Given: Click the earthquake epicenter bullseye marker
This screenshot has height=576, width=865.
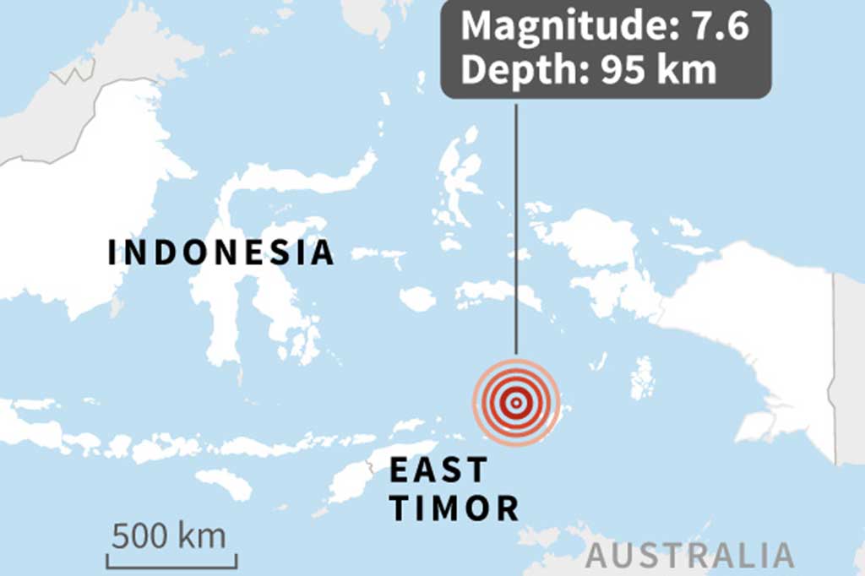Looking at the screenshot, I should (x=515, y=402).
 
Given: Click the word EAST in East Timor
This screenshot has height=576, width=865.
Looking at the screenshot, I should (x=438, y=470).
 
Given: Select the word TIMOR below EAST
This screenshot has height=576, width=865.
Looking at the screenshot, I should (x=454, y=508).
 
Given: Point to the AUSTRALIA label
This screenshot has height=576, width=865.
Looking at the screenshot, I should (x=690, y=557).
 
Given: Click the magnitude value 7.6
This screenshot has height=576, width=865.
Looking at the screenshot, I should (x=721, y=27).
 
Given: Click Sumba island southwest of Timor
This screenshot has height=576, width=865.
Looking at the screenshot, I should (x=224, y=484).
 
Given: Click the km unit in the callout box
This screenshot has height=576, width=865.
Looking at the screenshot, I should (x=691, y=71).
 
